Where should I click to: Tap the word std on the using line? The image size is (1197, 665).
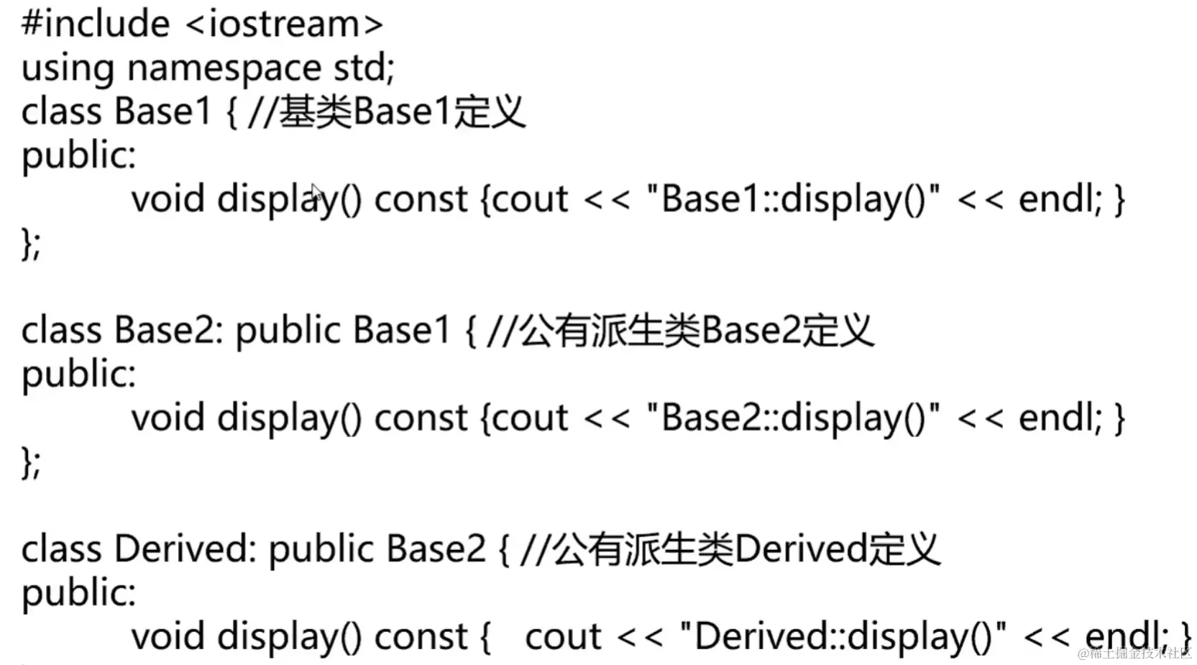[x=362, y=68]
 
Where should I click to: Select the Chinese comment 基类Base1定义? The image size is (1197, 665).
[x=403, y=112]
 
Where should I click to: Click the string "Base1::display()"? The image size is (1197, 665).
[x=793, y=199]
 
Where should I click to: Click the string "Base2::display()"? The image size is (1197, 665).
[x=793, y=418]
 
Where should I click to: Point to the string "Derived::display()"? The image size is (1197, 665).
[x=843, y=637]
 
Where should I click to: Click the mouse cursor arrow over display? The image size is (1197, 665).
[x=316, y=193]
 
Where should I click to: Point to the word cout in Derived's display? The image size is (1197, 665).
[x=563, y=637]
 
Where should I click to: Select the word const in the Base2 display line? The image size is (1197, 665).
[x=421, y=418]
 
